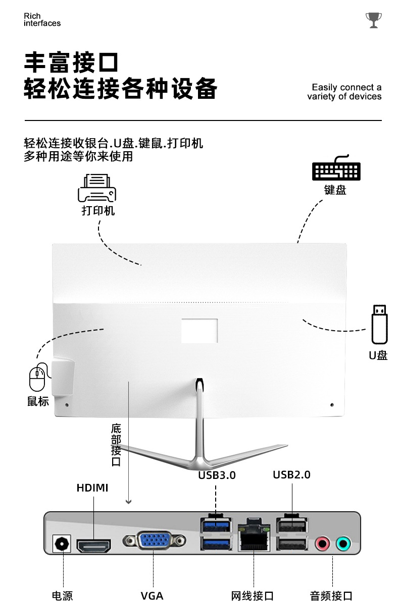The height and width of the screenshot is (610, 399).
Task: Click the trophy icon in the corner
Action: [x=373, y=20]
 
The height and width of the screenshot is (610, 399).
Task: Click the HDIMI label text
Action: [x=92, y=488]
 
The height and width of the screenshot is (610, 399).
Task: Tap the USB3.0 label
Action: [x=217, y=475]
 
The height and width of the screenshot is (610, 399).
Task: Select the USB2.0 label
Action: [x=291, y=474]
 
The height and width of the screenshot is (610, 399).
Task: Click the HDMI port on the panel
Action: [x=94, y=545]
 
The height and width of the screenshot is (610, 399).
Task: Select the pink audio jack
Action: [x=322, y=543]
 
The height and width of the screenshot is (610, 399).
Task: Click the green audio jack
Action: [x=343, y=543]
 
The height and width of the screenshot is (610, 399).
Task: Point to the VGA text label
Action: [x=152, y=596]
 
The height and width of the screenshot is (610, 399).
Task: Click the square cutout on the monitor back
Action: [x=199, y=331]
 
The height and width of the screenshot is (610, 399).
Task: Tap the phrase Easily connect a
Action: [x=346, y=87]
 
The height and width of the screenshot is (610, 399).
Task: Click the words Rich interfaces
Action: [x=42, y=20]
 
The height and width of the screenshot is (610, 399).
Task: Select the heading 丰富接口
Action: [x=71, y=62]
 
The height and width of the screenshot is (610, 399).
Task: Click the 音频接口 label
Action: [x=331, y=596]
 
